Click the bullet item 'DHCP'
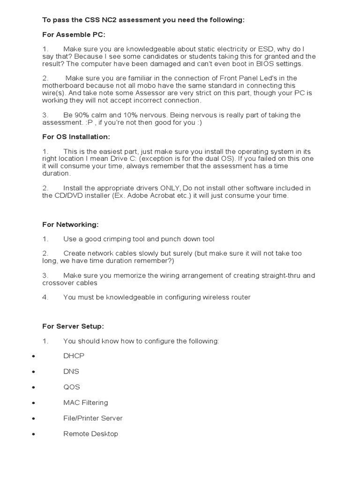click(74, 356)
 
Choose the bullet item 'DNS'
click(71, 371)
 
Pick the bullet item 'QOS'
click(72, 387)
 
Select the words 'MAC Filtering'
click(85, 402)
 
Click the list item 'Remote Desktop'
click(90, 434)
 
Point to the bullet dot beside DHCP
click(33, 356)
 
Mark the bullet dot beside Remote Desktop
click(33, 434)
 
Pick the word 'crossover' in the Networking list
click(58, 283)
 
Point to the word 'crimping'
click(109, 239)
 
